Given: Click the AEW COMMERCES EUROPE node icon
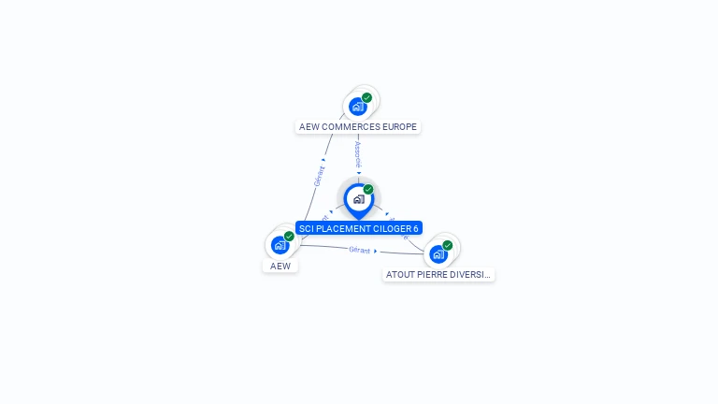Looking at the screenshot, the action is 357,107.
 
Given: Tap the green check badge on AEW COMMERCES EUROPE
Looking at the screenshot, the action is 366,97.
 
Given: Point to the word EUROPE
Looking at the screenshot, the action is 400,127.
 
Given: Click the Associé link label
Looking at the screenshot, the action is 358,153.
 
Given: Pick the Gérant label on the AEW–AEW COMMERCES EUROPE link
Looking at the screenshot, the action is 319,176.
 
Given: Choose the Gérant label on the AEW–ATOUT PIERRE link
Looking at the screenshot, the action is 360,250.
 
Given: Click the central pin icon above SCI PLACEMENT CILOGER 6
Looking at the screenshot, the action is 358,199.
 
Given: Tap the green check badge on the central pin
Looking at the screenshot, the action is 368,189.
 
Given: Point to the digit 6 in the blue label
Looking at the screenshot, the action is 416,229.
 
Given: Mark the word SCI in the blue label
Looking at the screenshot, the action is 306,229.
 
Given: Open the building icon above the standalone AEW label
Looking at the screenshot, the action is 280,245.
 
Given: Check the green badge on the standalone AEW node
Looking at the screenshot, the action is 289,236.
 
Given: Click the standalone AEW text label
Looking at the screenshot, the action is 280,267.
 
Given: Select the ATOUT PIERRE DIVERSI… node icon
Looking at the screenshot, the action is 438,253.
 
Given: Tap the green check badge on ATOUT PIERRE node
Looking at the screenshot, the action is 447,245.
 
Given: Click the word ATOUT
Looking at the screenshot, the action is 400,275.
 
